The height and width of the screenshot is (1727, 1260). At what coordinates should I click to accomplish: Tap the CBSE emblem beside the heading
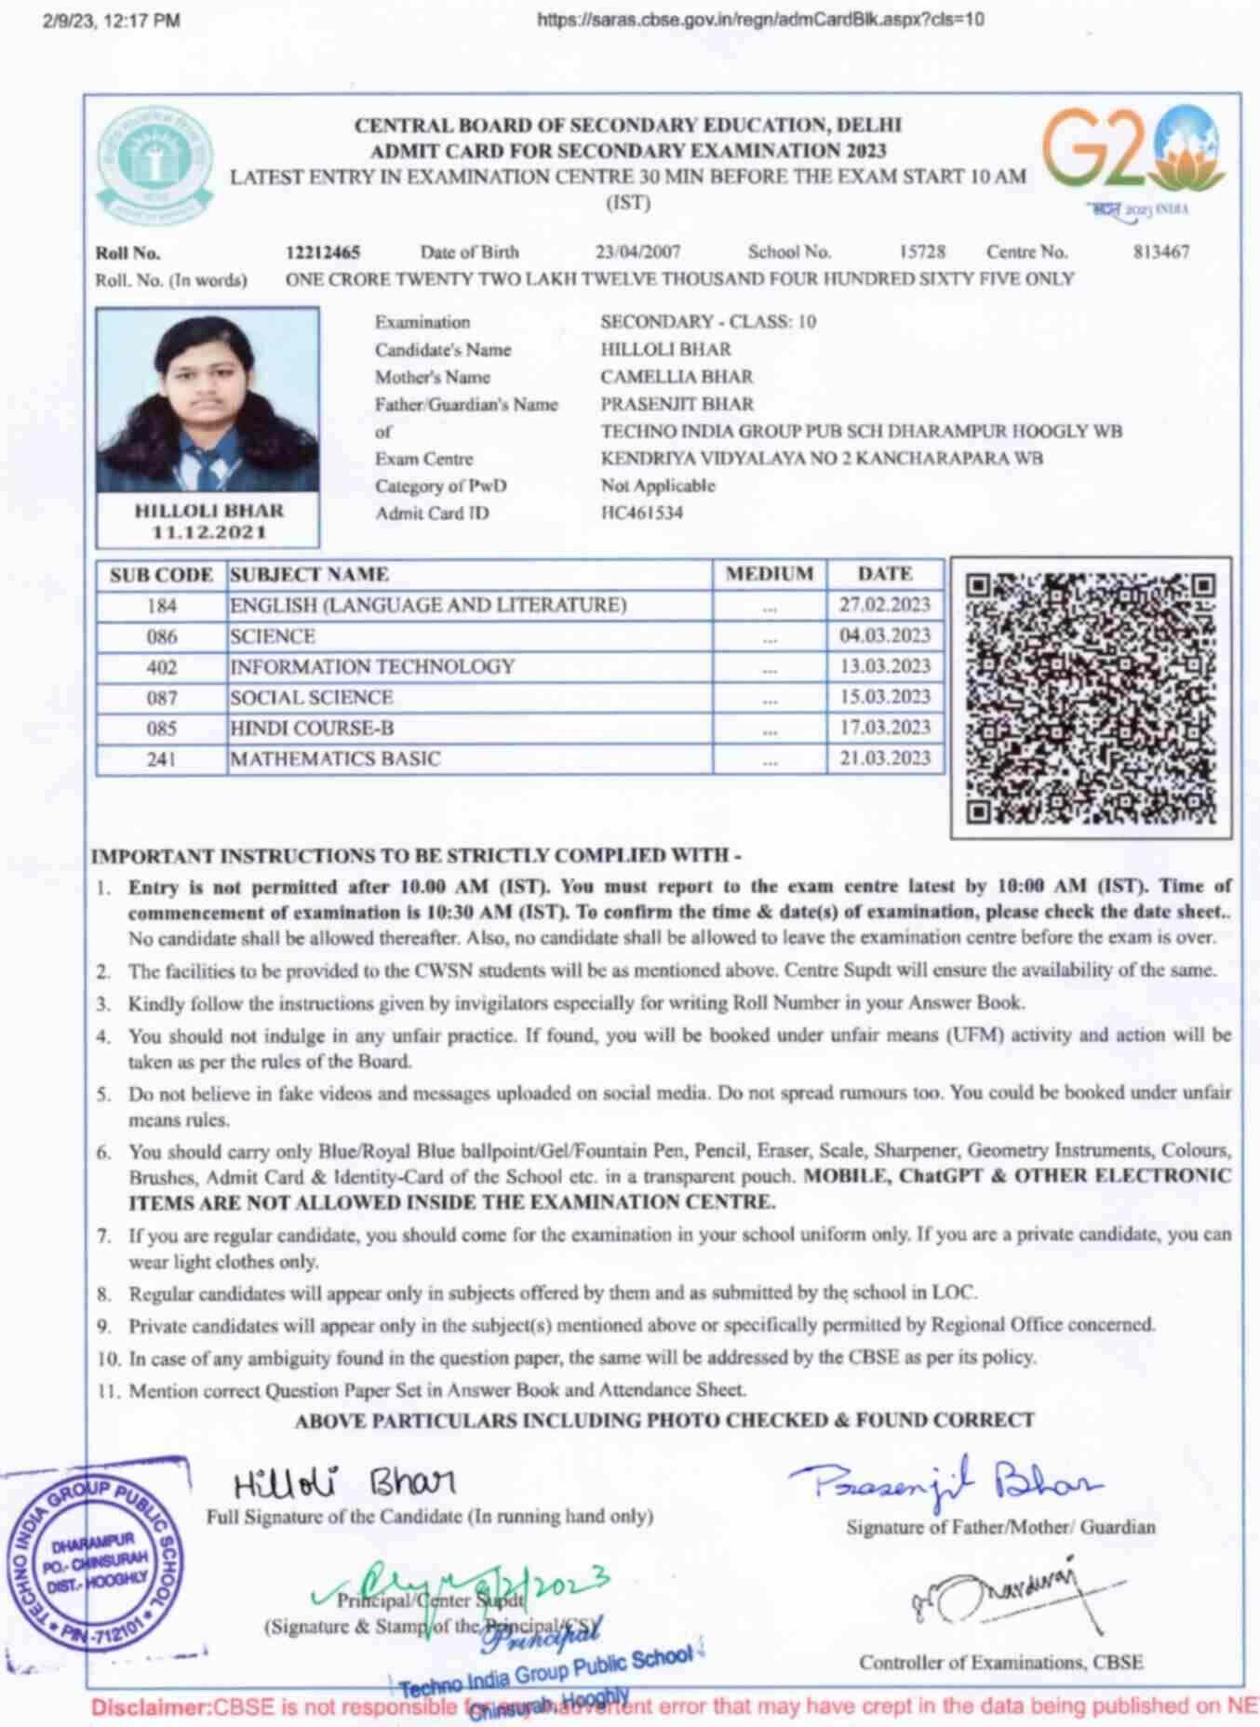click(154, 165)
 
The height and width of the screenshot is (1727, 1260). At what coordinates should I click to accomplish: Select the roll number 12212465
click(323, 252)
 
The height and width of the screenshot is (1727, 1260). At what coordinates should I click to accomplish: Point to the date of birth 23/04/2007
click(638, 252)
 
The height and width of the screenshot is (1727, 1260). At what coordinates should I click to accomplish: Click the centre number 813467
click(1160, 252)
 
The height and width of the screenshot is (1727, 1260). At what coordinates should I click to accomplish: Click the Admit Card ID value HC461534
click(641, 513)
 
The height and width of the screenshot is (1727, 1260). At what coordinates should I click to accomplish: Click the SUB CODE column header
click(161, 575)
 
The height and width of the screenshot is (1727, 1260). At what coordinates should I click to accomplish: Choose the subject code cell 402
click(161, 667)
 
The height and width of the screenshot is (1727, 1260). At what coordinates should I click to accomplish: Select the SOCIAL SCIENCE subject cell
click(312, 698)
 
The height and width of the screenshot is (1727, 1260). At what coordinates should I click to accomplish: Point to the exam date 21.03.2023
click(884, 758)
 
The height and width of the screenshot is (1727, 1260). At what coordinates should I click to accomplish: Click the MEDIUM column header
click(770, 574)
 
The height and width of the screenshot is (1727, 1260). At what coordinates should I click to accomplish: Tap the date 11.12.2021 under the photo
click(209, 532)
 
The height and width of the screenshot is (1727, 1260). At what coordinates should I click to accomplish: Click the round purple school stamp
click(97, 1566)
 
